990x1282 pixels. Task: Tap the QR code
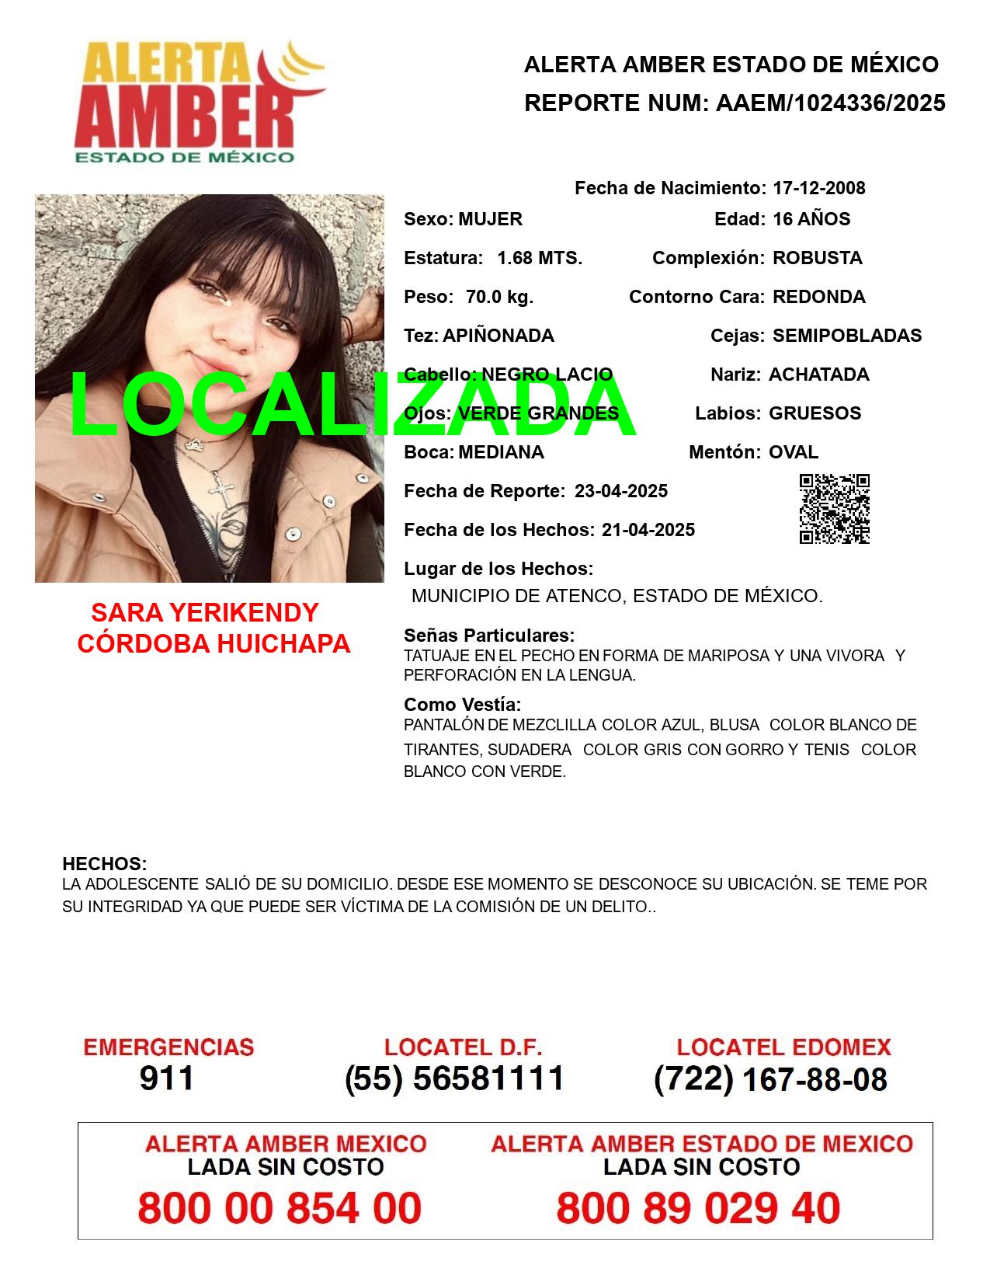(x=834, y=508)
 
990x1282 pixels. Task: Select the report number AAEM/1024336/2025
(x=830, y=103)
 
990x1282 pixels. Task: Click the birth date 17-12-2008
(x=818, y=188)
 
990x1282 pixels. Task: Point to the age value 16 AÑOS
(x=811, y=219)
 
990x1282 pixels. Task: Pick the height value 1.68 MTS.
(x=539, y=258)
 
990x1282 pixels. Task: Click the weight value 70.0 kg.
(x=499, y=297)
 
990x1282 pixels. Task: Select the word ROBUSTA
(x=817, y=258)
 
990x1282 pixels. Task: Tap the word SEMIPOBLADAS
(x=846, y=336)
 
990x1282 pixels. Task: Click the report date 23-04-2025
(x=620, y=491)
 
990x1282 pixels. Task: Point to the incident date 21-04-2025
(x=648, y=530)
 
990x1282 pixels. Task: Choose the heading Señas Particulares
(x=488, y=635)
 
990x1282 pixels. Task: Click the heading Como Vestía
(x=462, y=705)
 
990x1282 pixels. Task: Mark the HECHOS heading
(x=104, y=863)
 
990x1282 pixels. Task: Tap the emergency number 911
(x=167, y=1078)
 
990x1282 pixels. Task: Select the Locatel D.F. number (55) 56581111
(x=454, y=1078)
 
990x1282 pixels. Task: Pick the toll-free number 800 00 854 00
(x=280, y=1208)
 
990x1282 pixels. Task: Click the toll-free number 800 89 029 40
(x=698, y=1208)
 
